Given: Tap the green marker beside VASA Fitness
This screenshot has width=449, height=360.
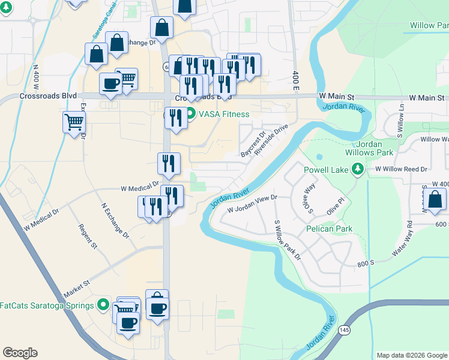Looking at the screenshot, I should click(x=190, y=113).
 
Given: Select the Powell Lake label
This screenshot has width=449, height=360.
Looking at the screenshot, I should click(x=326, y=170).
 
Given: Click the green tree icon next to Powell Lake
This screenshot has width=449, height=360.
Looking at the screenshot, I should click(x=358, y=170).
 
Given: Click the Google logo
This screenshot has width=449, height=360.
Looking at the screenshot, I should click(x=20, y=353).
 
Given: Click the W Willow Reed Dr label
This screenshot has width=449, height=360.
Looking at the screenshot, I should click(x=401, y=170).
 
